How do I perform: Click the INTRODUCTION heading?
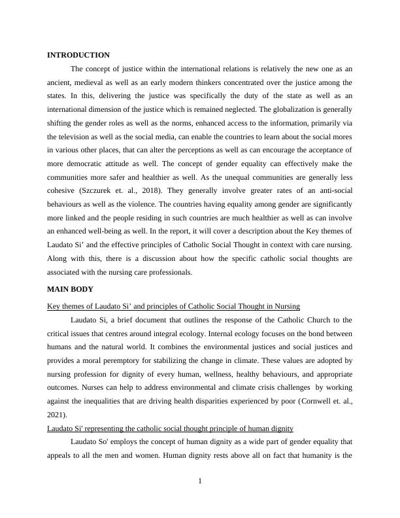(78, 55)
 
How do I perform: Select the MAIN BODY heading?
(71, 289)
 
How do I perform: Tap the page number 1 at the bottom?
(200, 482)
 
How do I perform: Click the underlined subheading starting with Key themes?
(173, 306)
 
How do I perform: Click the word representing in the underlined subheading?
(105, 428)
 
